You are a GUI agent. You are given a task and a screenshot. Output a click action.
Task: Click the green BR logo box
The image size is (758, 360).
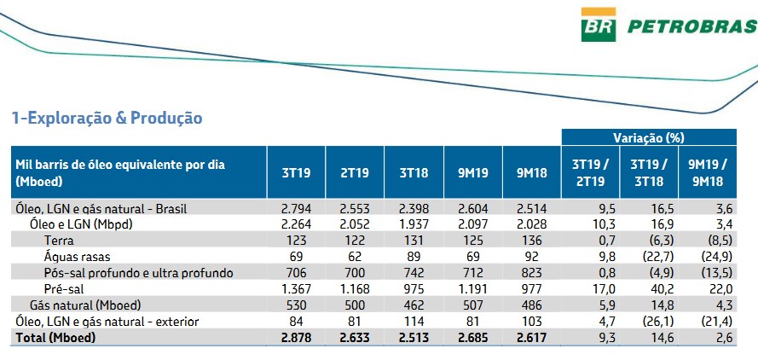[599, 26]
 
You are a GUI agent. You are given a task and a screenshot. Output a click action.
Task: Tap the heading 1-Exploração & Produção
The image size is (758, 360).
[106, 118]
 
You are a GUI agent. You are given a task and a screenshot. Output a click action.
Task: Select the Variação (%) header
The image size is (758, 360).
[648, 136]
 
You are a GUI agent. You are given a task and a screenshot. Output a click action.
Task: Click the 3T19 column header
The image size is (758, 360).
[296, 172]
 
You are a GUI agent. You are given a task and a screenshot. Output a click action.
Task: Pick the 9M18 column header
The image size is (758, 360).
[532, 172]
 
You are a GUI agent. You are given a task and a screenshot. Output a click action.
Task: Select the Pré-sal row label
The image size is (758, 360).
[65, 289]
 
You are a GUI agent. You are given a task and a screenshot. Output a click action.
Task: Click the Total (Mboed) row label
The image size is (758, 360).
[55, 338]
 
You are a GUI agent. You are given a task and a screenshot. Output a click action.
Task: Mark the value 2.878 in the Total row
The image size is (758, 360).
[296, 338]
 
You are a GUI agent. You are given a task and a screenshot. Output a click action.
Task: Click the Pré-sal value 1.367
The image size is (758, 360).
[296, 289]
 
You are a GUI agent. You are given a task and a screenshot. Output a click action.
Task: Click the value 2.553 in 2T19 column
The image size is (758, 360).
[355, 208]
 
